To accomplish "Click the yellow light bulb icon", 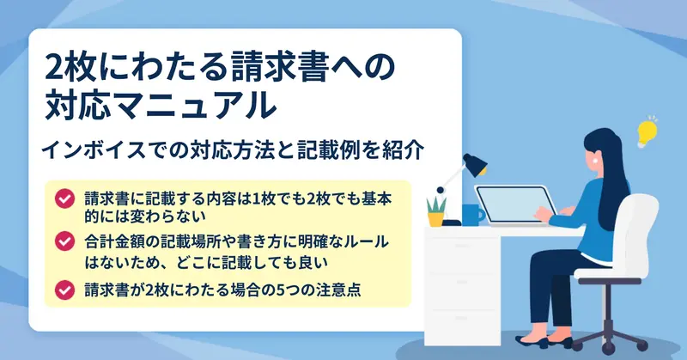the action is coord(647,131).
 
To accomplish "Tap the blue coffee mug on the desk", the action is coord(472,215).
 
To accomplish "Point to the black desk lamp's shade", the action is coord(475,164).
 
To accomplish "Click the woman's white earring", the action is coord(595,161).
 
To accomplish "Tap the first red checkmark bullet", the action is coord(64,198).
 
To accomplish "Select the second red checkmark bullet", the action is coord(64,241).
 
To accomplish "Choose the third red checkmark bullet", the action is coord(64,290).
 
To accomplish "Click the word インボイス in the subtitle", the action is coord(94,150).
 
